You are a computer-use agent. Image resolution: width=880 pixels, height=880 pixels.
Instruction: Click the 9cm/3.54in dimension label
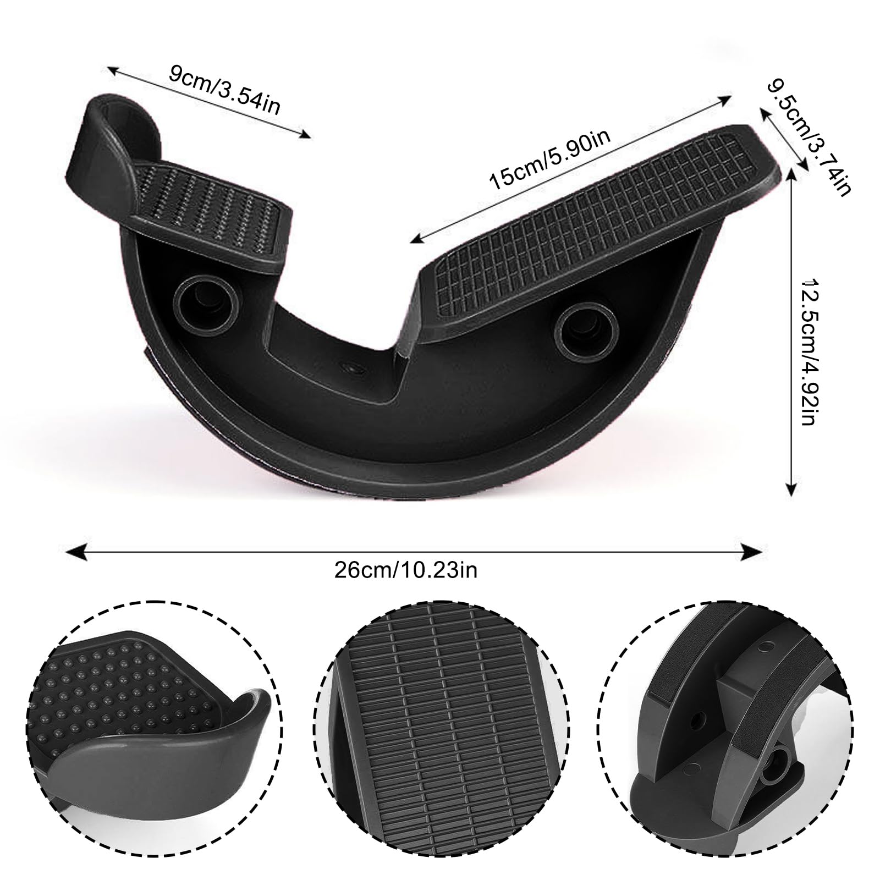[224, 90]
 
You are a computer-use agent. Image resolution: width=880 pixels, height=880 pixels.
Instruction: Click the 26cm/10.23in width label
[406, 570]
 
